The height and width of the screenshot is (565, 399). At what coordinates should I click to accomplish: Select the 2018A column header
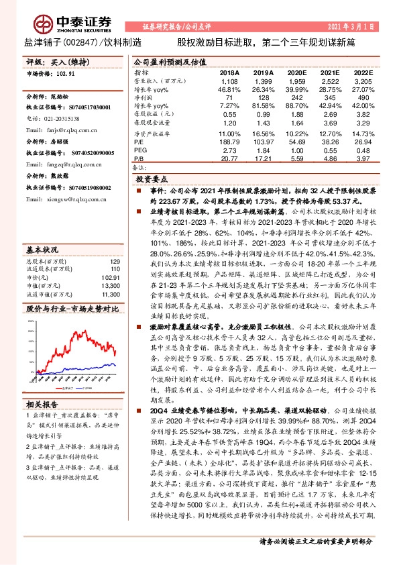[x=229, y=72]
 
